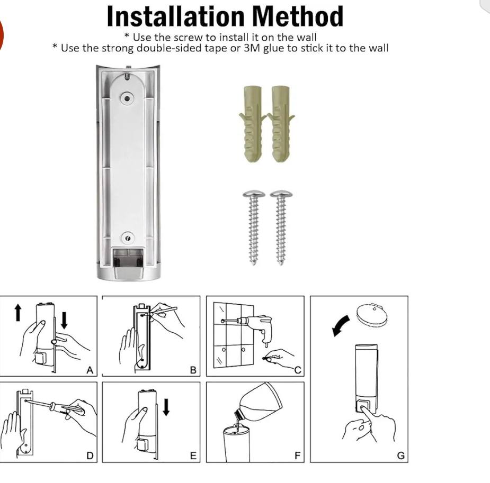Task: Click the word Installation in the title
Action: (x=175, y=16)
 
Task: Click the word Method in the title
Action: (x=298, y=16)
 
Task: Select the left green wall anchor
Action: (x=253, y=124)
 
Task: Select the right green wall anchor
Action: (x=281, y=124)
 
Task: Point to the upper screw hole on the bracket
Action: (x=127, y=98)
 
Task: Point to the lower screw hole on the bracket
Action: (x=128, y=239)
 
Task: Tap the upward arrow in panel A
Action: (x=18, y=313)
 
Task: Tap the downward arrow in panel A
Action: (x=65, y=320)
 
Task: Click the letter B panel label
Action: (x=193, y=370)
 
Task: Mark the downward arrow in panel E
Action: (x=166, y=407)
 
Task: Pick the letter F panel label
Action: (x=297, y=456)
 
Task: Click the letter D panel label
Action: (x=90, y=456)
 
